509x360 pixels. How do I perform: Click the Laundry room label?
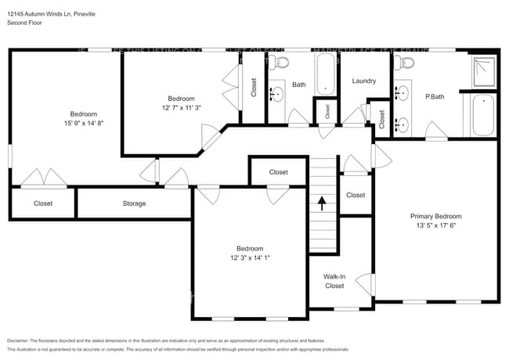(x=364, y=81)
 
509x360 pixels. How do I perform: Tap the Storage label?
(x=134, y=203)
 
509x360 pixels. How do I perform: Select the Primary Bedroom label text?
(x=436, y=216)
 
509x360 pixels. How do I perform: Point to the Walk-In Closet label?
(x=334, y=281)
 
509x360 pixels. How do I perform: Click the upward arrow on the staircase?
(x=321, y=203)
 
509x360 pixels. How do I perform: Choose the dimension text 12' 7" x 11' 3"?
(x=181, y=108)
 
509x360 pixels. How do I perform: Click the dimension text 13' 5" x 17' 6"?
(x=436, y=227)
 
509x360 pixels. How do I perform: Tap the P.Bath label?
(x=435, y=97)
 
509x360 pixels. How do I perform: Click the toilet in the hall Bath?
(x=283, y=62)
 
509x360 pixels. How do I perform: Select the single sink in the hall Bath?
(x=277, y=95)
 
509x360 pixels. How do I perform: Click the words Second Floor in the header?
(x=24, y=23)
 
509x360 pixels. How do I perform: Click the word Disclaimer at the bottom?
(x=21, y=341)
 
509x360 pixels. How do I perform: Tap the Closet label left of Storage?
(x=43, y=203)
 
